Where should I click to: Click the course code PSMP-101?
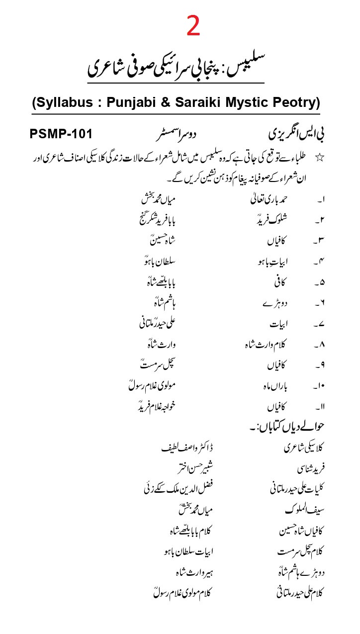coord(61,134)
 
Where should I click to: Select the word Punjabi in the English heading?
coord(132,103)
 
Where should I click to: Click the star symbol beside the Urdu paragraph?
coord(320,158)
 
